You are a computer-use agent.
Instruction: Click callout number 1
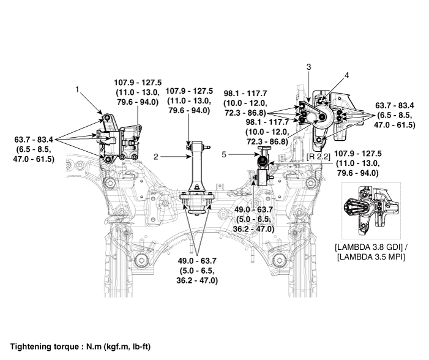(77, 89)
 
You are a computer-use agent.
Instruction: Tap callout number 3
(309, 66)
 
